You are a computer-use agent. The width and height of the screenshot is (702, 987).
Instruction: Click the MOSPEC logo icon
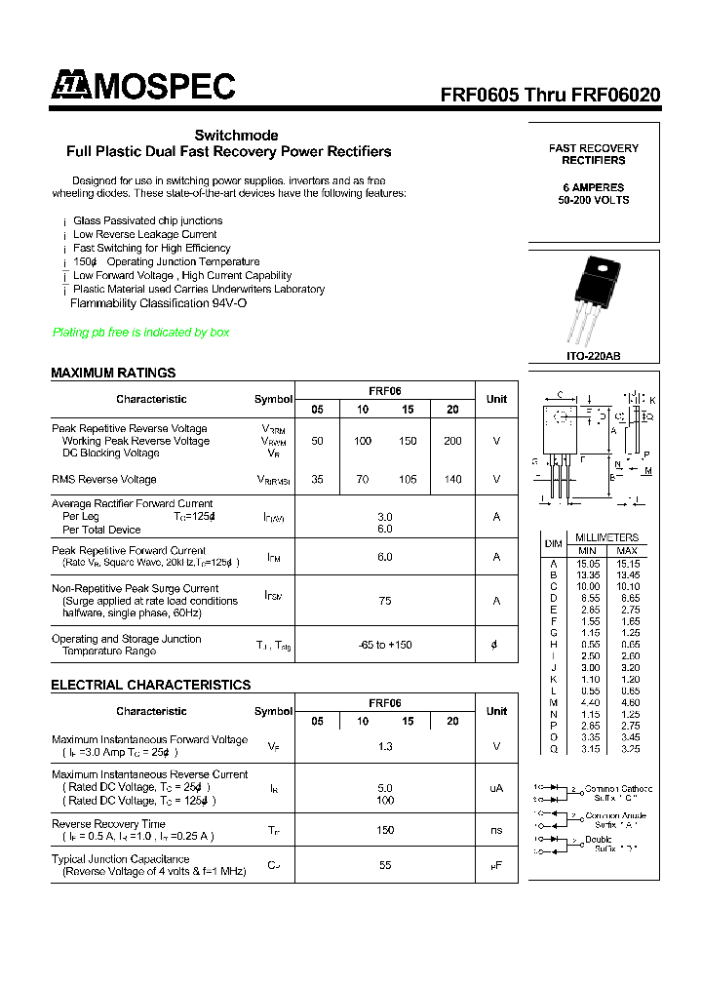coord(70,86)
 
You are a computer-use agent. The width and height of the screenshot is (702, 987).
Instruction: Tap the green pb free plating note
coord(140,333)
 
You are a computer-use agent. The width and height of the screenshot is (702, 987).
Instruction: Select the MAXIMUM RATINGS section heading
coord(113,373)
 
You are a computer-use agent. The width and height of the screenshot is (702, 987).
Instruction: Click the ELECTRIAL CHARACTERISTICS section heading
coord(150,685)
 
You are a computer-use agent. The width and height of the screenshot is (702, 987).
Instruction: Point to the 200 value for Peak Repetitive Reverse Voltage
coord(452,441)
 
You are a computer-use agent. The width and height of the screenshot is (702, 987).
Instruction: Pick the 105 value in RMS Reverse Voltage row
coord(408,480)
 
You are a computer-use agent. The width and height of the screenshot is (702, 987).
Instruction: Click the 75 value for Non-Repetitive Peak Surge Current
coord(385,601)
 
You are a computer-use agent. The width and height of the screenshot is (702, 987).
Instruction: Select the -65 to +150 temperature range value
coord(385,645)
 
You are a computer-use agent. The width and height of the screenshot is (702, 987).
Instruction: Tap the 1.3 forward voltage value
coord(385,746)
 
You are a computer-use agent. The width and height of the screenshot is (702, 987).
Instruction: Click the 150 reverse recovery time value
coord(385,830)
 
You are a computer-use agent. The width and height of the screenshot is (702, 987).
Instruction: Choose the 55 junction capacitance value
coord(385,865)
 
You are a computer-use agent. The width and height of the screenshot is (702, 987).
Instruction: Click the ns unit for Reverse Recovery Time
coord(496,830)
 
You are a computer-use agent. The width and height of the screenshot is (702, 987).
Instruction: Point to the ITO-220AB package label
coord(594,357)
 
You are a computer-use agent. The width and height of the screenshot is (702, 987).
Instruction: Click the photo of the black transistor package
coord(594,298)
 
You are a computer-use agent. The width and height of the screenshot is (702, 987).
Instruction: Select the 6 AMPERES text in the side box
coord(594,187)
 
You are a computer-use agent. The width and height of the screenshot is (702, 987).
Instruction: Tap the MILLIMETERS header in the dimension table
coord(606,537)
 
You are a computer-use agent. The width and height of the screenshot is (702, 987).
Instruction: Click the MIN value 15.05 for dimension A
coord(587,563)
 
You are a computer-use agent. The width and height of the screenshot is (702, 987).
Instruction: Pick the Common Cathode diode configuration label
coord(618,789)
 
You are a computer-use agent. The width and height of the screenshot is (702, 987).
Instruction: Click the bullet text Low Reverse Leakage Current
coord(144,234)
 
